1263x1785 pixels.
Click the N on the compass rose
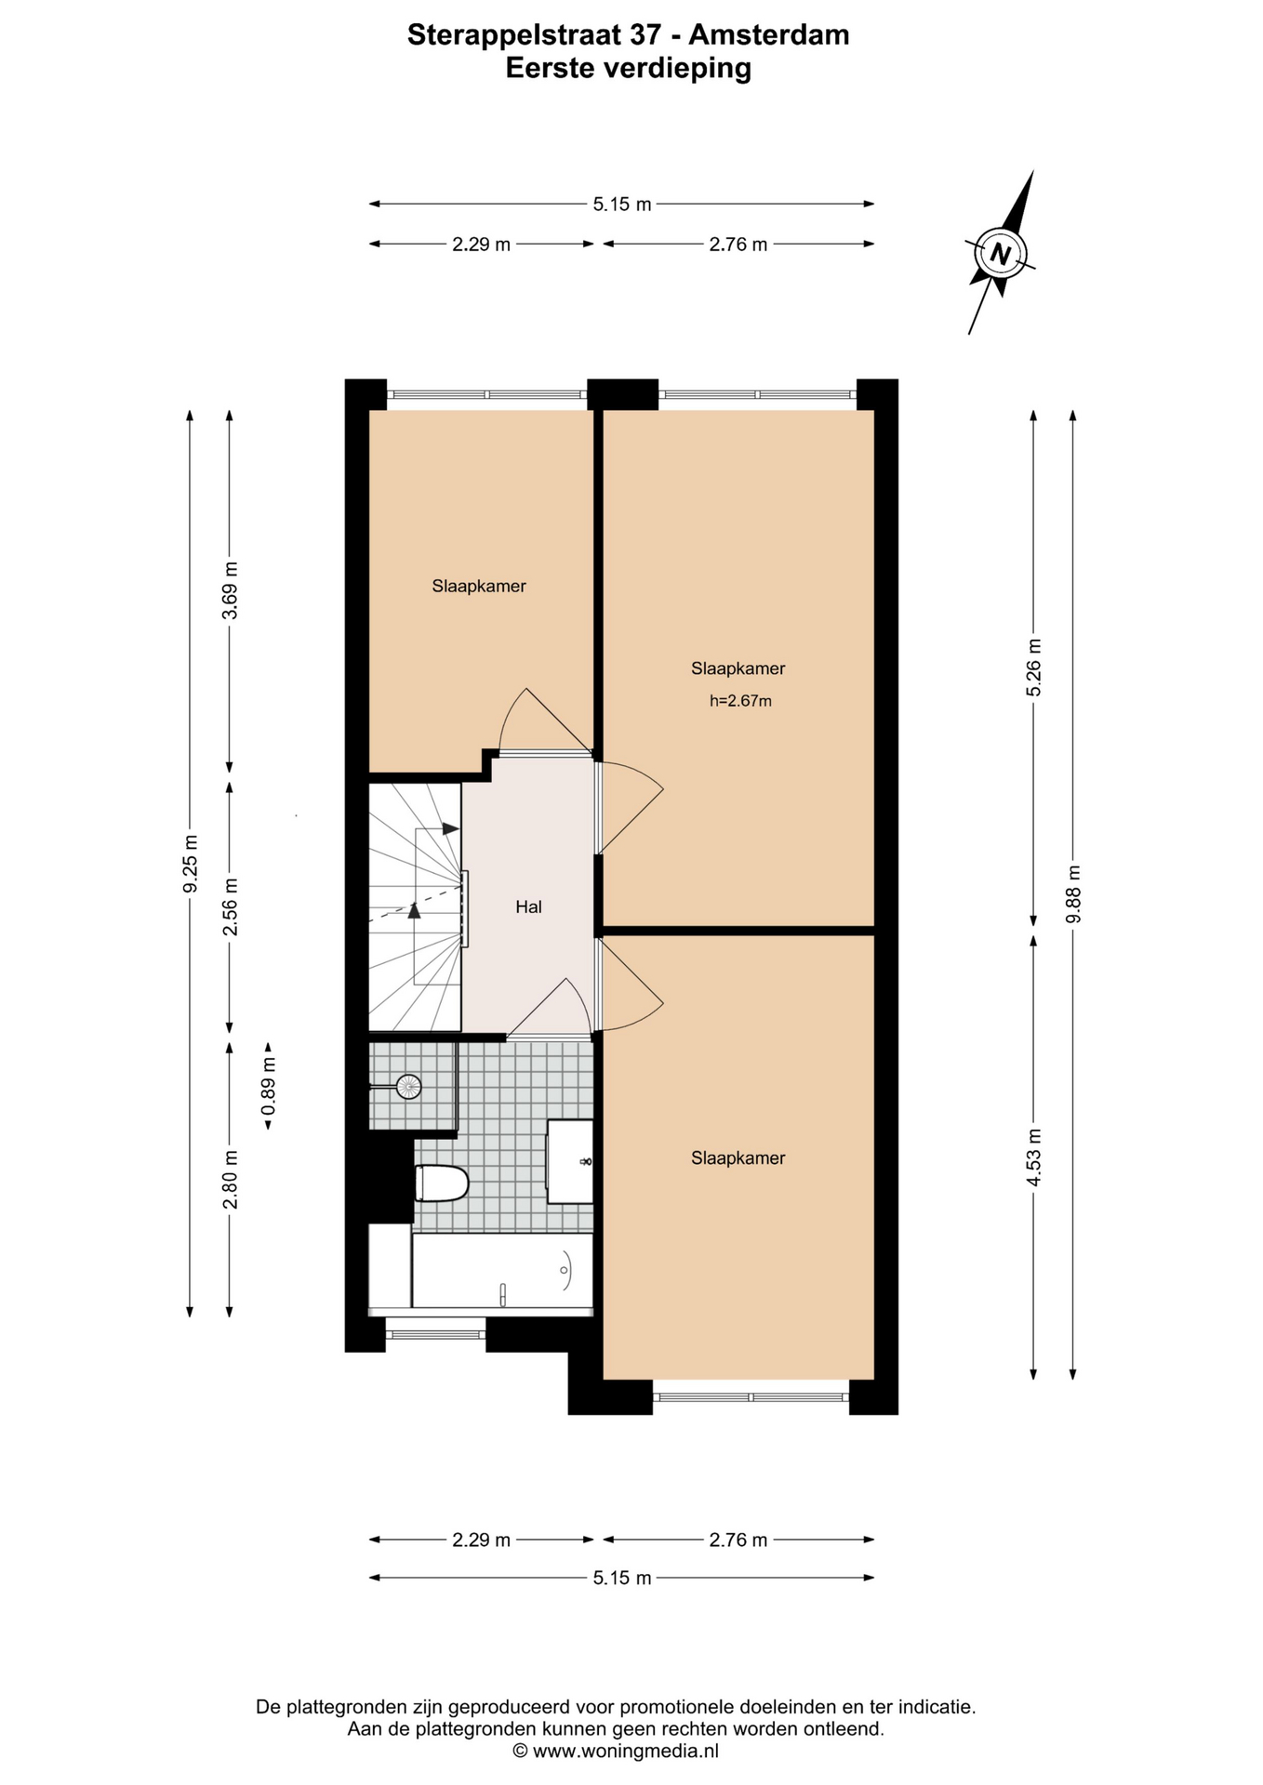pos(1001,253)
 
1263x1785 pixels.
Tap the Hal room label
pos(528,906)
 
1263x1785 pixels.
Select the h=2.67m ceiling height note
pos(740,701)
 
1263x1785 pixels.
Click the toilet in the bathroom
pos(441,1183)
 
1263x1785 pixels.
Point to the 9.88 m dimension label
pos(1073,893)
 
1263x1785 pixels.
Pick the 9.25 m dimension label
pos(190,863)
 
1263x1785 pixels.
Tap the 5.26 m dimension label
pos(1034,668)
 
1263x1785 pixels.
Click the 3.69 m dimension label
pos(230,590)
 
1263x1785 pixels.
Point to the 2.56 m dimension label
pos(230,906)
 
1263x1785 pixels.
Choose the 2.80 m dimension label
pos(230,1179)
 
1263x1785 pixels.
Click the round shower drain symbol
pos(408,1086)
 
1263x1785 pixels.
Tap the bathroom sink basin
pos(569,1161)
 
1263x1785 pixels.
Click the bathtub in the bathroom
pos(502,1271)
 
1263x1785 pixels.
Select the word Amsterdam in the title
pos(768,34)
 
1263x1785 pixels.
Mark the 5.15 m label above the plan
pos(622,204)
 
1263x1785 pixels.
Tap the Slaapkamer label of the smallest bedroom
pos(479,586)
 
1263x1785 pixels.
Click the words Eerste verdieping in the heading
pos(629,68)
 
